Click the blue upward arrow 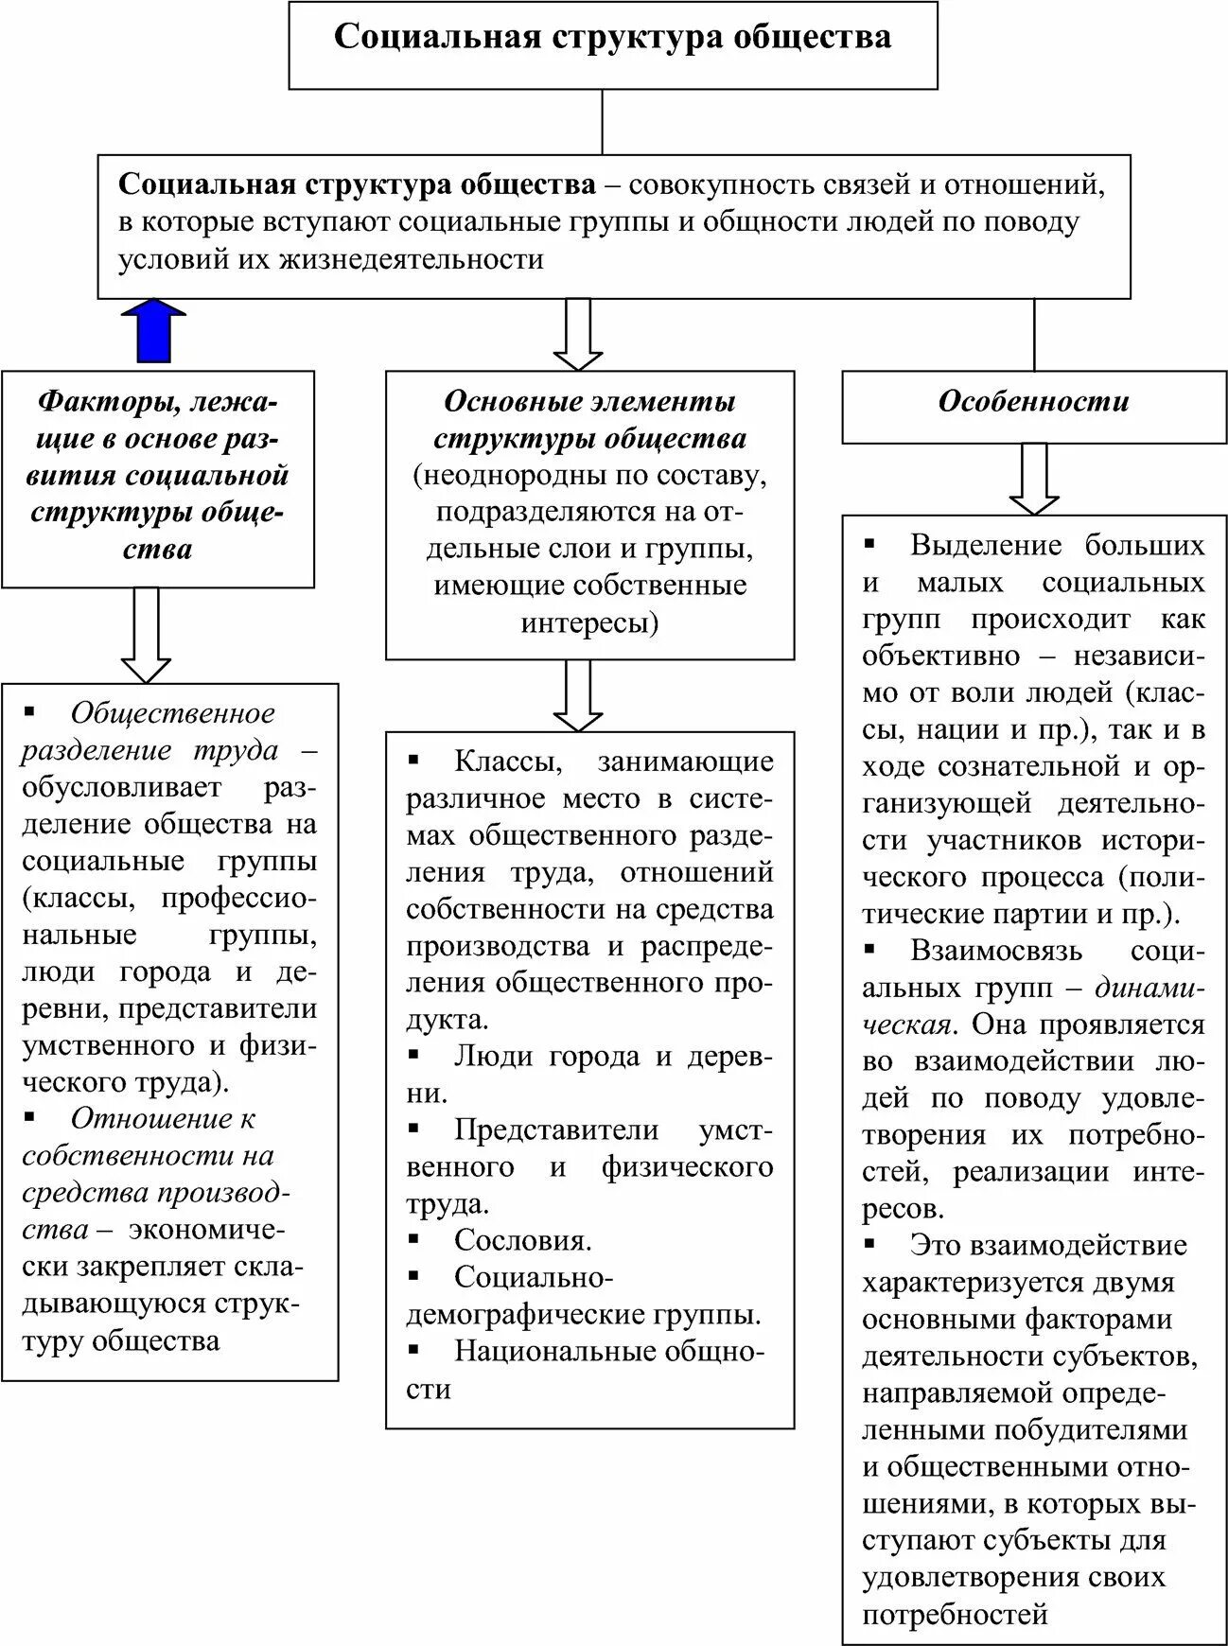tap(154, 331)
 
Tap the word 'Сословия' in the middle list tap(522, 1240)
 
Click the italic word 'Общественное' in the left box tap(172, 713)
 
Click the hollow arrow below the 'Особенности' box tap(1034, 479)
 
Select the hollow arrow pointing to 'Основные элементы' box tap(577, 334)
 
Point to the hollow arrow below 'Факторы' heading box tap(146, 634)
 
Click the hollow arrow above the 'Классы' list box tap(577, 694)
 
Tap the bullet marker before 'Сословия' tap(413, 1238)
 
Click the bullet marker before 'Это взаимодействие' tap(869, 1243)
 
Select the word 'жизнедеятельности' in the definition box tap(411, 259)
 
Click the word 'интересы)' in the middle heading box tap(588, 623)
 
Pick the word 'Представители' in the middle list tap(556, 1129)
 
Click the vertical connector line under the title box tap(603, 121)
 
